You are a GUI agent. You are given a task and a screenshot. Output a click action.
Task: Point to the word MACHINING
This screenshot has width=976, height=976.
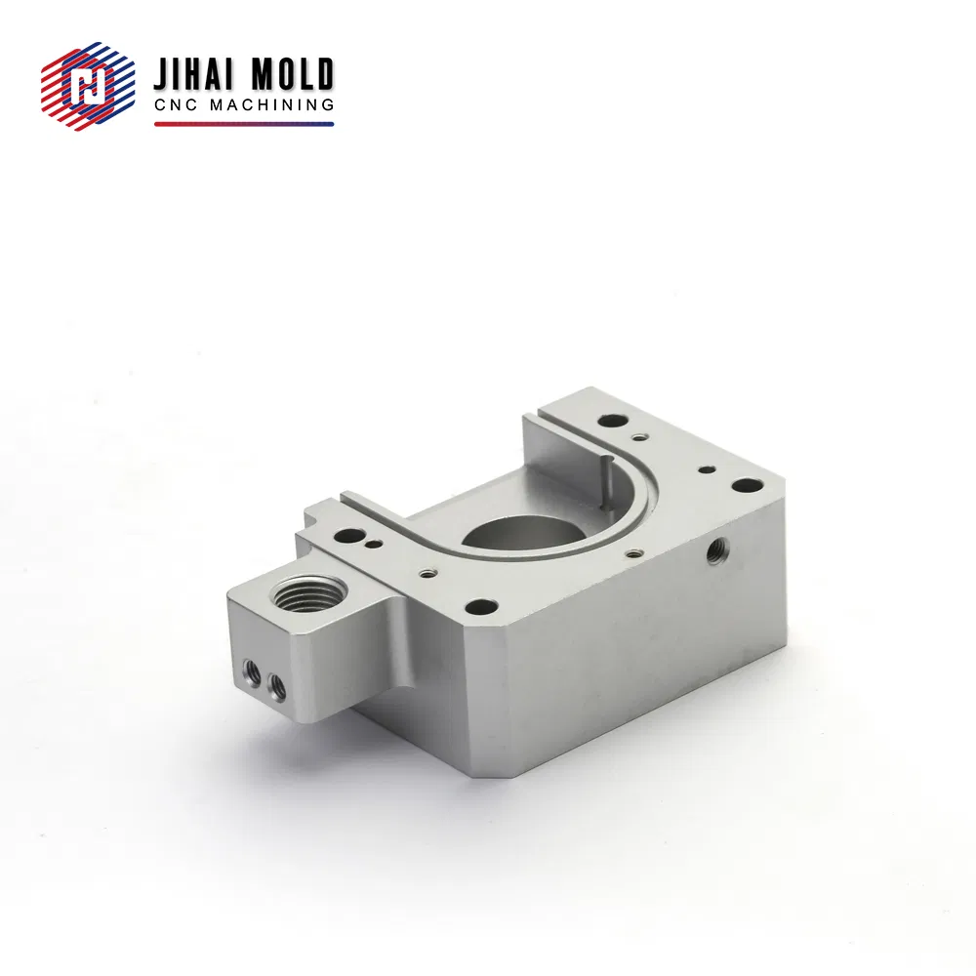(x=271, y=104)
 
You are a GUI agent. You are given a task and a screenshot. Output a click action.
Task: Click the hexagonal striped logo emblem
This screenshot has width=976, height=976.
(x=88, y=86)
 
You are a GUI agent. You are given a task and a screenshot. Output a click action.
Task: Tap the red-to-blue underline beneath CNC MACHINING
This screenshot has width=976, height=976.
(x=244, y=125)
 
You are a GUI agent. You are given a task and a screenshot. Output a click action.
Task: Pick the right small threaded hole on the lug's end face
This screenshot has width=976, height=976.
(x=277, y=686)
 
